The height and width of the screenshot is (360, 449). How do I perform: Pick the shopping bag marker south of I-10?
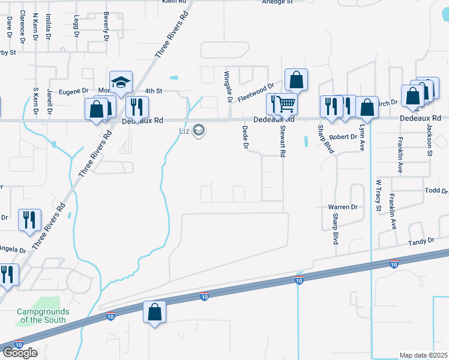[155, 312]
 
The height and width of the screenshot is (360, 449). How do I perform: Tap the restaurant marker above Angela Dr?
[29, 220]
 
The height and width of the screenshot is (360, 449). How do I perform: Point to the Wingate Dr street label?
[228, 86]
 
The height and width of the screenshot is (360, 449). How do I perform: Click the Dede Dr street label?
[245, 137]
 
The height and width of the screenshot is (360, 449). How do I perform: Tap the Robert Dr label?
[343, 137]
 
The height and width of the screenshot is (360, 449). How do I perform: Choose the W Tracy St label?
[379, 196]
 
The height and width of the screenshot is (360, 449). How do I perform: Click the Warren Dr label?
[343, 207]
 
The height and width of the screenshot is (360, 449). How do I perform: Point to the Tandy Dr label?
[421, 241]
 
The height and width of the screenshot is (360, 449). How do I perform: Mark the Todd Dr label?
[436, 191]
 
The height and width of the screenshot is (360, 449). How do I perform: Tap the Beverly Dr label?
[106, 26]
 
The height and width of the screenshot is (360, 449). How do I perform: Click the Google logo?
[20, 353]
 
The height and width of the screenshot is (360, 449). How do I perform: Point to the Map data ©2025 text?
[423, 355]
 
